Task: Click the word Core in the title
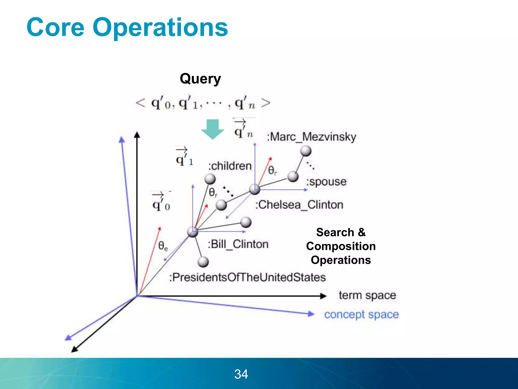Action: (x=55, y=27)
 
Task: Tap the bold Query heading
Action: (x=200, y=79)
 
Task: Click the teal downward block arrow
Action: (x=212, y=129)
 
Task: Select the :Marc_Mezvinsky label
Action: (x=312, y=137)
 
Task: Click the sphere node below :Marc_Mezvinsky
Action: (x=306, y=151)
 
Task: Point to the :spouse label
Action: (x=326, y=182)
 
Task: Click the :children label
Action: (x=230, y=166)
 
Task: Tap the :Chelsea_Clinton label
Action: (x=299, y=205)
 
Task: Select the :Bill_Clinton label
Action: (x=238, y=244)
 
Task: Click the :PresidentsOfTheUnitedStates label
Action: (x=247, y=277)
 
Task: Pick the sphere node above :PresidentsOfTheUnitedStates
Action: (x=203, y=262)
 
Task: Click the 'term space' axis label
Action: (x=367, y=296)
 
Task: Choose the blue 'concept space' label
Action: (x=361, y=315)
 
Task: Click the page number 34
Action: (x=241, y=374)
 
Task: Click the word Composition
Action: (x=341, y=246)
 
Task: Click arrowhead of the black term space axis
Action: (x=323, y=296)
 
